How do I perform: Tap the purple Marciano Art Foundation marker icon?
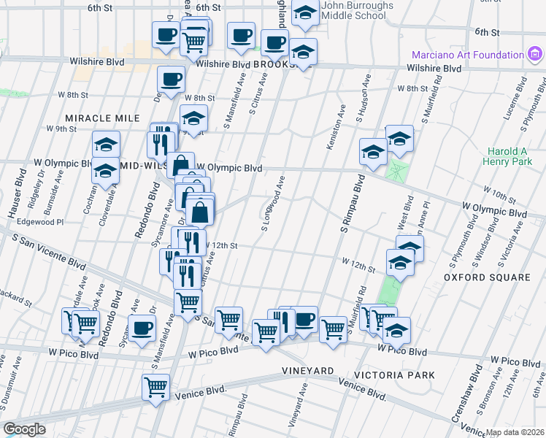point(536,55)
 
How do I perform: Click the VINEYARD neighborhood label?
point(308,371)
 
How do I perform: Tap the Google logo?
point(25,429)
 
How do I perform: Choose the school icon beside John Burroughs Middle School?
point(304,12)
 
